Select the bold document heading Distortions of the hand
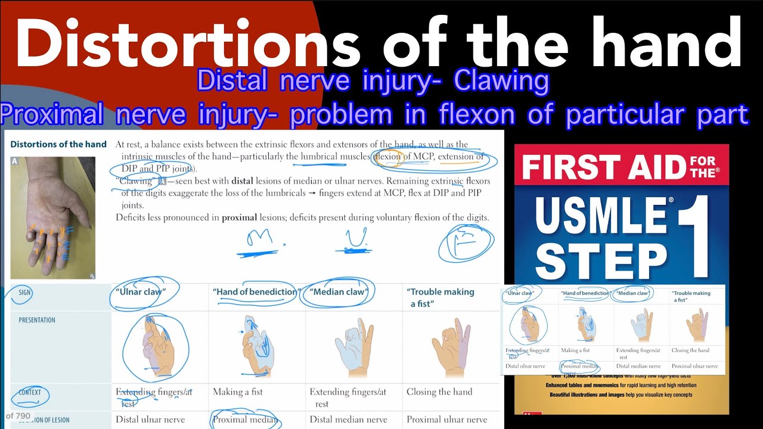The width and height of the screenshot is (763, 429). point(58,144)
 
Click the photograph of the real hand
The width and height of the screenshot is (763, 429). point(52,217)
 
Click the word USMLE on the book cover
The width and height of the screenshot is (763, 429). point(602,217)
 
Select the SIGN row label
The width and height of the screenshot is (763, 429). point(24,293)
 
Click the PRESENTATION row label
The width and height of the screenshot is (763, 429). point(37,320)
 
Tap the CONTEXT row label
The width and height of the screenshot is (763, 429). point(30,392)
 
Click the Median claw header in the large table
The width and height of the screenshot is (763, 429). point(339,292)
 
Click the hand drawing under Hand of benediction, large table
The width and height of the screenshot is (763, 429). point(256,346)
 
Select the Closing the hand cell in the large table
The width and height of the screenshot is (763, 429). point(439,392)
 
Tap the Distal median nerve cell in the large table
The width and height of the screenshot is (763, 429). point(348,419)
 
